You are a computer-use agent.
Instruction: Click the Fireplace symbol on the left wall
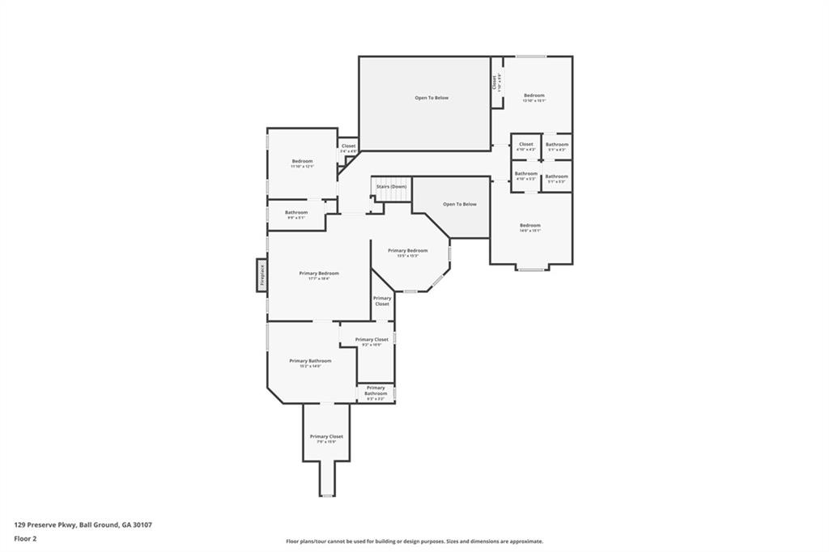pos(262,274)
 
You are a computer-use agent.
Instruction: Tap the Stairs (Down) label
pos(391,187)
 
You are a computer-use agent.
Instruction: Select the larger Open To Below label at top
pos(432,98)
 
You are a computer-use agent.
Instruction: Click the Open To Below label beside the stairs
pos(459,204)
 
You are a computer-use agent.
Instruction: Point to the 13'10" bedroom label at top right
pos(534,98)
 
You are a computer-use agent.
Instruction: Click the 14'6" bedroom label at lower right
pos(529,227)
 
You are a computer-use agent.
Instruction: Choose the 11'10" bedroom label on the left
pos(302,163)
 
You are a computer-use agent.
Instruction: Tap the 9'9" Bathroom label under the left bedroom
pos(295,214)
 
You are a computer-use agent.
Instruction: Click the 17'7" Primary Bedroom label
pos(319,275)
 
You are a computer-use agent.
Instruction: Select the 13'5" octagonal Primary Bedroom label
pos(407,253)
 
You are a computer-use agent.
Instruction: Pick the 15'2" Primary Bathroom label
pos(310,363)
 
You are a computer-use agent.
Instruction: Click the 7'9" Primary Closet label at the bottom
pos(326,439)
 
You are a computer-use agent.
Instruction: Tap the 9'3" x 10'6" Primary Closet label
pos(372,342)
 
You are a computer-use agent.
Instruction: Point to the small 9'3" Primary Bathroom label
pos(376,393)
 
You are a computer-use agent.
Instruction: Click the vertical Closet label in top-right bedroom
pos(495,82)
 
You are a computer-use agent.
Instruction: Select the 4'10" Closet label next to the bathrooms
pos(525,146)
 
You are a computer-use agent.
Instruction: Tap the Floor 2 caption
pos(26,537)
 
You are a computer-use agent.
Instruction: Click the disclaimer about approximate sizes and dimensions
pos(414,541)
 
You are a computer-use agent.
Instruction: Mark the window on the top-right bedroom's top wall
pos(531,57)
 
